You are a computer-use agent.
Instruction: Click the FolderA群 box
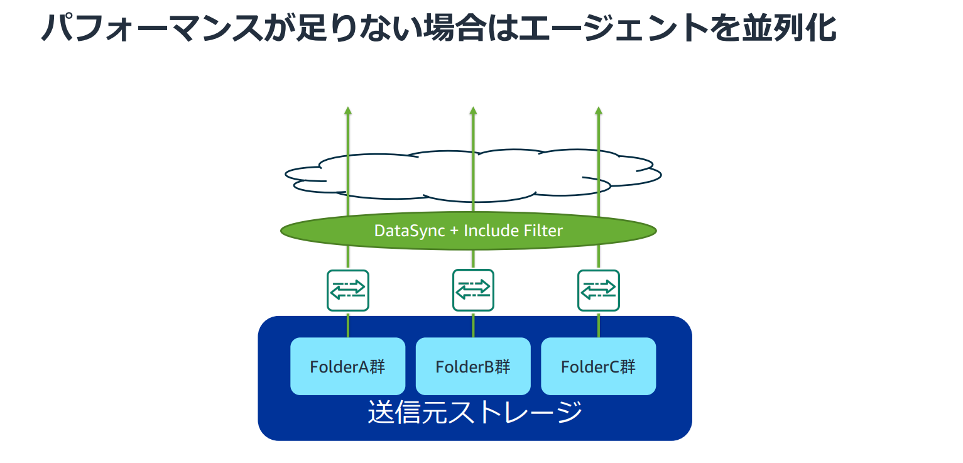tap(348, 366)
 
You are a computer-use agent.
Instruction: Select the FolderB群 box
tap(473, 366)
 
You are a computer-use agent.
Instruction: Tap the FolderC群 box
tap(599, 366)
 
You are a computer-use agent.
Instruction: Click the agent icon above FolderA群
tap(348, 290)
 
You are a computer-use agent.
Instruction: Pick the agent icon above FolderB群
tap(473, 290)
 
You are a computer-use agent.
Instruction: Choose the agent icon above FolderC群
tap(599, 290)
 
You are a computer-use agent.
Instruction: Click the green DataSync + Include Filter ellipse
tap(468, 231)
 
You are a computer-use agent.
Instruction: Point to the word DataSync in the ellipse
tap(410, 231)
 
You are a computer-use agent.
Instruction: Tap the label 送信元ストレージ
tap(475, 412)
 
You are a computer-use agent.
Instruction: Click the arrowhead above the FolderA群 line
tap(348, 111)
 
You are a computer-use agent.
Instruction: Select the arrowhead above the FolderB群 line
tap(473, 111)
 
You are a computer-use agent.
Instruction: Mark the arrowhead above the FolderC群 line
tap(599, 111)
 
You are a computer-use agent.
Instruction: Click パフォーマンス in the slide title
tap(152, 28)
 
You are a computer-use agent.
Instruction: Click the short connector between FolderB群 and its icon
tap(473, 325)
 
